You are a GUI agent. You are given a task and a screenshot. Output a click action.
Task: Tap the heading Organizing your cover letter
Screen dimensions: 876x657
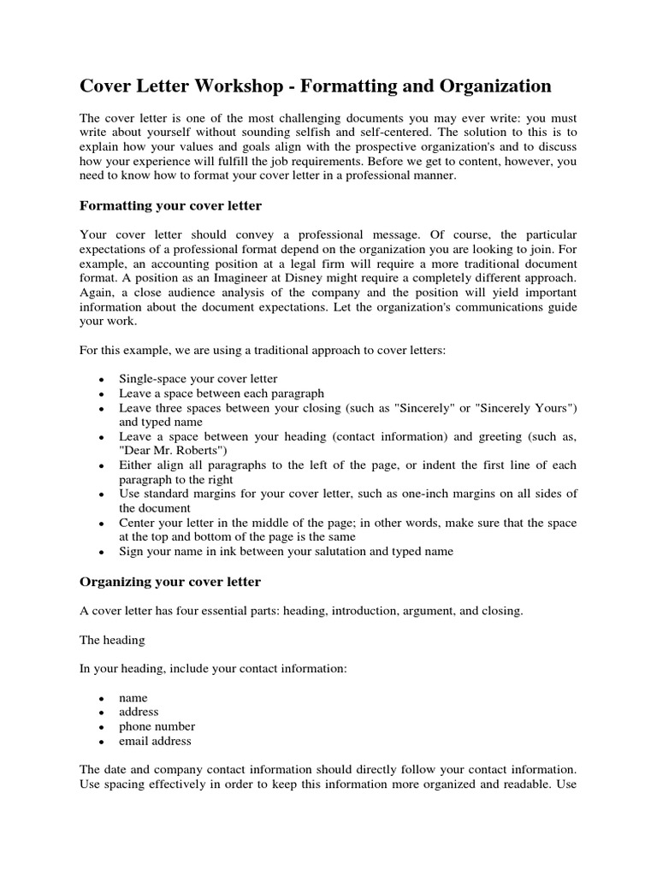(x=170, y=582)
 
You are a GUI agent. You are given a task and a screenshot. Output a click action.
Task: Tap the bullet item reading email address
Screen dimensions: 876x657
(x=155, y=741)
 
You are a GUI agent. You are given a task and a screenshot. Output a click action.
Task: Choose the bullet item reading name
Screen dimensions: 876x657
(x=133, y=697)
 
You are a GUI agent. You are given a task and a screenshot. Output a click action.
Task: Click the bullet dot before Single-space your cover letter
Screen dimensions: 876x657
(x=102, y=379)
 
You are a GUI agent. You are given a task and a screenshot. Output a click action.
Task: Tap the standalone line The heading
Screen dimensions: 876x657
(x=112, y=640)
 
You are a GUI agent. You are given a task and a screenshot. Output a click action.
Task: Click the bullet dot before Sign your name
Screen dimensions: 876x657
(x=102, y=553)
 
